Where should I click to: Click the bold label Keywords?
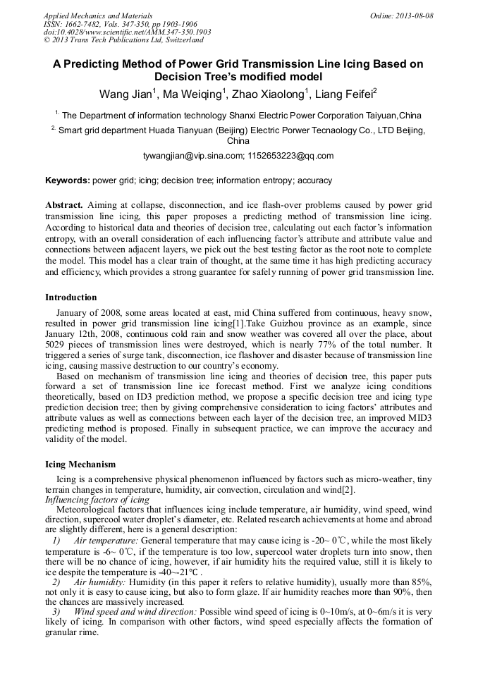[68, 180]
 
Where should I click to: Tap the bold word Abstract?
[64, 204]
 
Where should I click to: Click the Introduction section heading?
[71, 297]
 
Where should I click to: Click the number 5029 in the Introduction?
[58, 346]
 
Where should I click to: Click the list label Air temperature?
[106, 540]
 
